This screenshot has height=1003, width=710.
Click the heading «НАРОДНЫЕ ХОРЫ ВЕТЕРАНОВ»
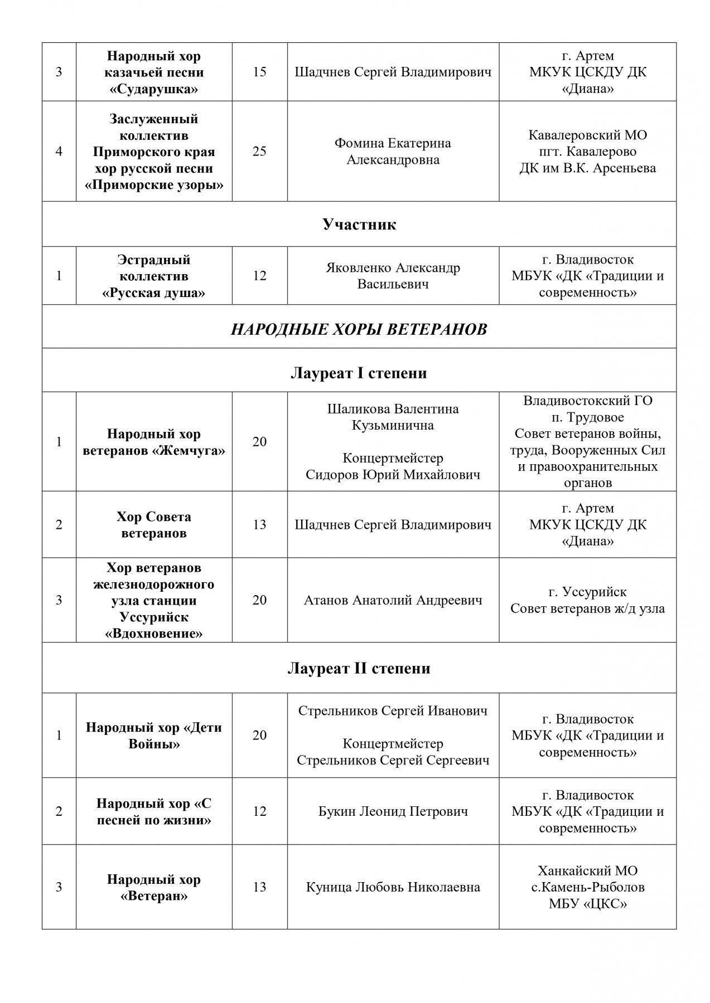359,329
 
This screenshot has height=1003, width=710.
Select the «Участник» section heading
359,225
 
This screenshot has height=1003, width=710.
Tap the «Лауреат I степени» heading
359,373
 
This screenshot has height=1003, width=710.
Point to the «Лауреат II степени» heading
359,668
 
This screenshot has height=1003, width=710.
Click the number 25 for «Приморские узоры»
259,151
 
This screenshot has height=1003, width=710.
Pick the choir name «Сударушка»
154,89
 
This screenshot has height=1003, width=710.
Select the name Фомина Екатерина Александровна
393,152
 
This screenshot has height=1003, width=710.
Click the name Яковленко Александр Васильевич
393,276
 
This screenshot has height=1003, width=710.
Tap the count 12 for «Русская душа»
259,276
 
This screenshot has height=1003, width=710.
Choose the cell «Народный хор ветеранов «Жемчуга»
154,442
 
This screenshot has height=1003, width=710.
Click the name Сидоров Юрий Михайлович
393,475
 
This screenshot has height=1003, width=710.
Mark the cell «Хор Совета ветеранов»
154,525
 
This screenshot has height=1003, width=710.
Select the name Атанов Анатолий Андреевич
393,600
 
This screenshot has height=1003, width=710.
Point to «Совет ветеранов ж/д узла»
587,608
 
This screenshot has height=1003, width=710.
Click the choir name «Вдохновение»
154,634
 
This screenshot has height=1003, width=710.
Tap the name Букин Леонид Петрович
393,811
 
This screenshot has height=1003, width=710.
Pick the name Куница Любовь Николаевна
393,887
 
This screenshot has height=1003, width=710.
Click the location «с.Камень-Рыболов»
587,887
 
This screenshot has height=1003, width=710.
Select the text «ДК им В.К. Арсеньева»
587,168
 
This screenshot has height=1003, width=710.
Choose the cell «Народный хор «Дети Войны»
154,736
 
